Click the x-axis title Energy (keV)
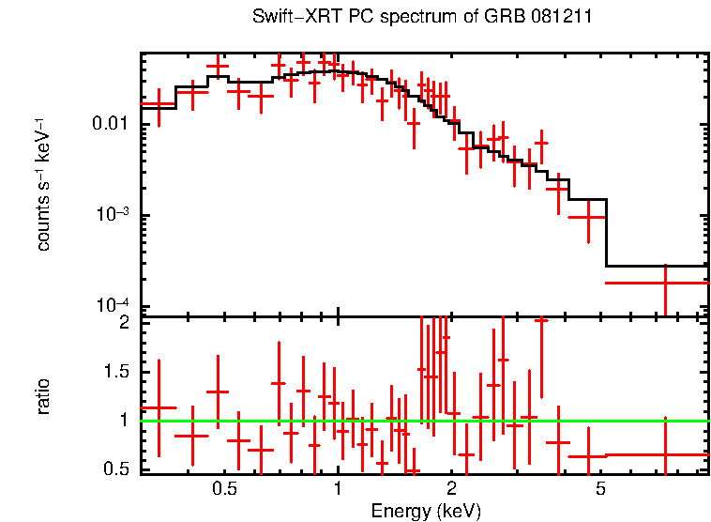pos(426,511)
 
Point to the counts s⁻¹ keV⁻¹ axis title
pos(43,184)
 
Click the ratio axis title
pos(43,396)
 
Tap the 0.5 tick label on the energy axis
pos(224,489)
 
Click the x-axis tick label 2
pos(451,489)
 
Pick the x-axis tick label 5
pos(601,489)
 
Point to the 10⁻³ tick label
pos(116,214)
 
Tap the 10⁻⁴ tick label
pos(116,305)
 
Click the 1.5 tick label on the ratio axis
pos(118,372)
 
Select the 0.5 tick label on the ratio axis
pos(118,469)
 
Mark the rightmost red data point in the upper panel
pos(665,282)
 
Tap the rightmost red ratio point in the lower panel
pos(665,454)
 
